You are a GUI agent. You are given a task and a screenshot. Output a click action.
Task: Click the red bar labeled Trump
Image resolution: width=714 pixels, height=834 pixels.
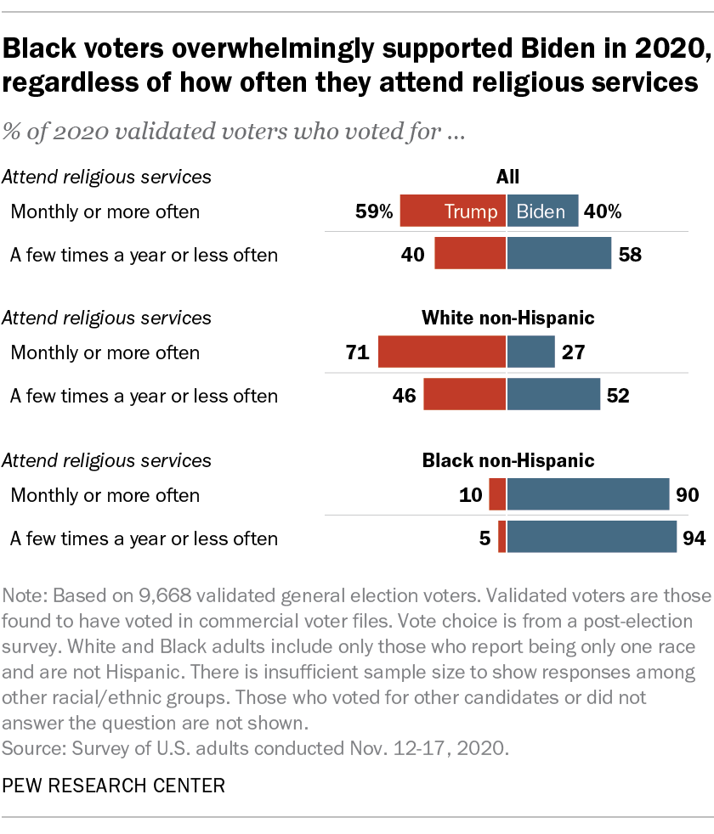click(452, 211)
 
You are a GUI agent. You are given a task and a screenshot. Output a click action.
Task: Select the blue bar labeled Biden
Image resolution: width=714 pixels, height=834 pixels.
click(543, 211)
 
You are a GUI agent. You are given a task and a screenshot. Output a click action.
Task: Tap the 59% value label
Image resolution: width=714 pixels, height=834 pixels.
click(374, 211)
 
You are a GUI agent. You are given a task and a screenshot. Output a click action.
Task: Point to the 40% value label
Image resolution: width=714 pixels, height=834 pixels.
click(603, 211)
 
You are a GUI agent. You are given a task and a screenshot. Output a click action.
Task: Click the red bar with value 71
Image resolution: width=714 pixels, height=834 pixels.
click(441, 352)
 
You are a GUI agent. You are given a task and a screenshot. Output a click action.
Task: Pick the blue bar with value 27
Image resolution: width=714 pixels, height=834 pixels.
click(531, 352)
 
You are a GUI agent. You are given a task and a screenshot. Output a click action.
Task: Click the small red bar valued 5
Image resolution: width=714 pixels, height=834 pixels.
click(501, 538)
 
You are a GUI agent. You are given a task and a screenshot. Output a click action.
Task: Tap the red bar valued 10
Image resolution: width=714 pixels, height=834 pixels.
click(497, 494)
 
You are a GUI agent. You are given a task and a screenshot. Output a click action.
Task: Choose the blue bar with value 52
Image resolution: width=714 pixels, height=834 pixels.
click(553, 395)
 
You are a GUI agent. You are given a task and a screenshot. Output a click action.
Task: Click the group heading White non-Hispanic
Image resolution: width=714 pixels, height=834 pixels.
click(507, 318)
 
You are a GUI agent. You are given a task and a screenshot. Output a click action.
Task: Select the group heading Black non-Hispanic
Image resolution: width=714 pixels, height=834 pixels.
click(507, 461)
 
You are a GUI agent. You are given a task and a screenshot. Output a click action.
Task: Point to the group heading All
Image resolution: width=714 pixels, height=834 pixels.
click(507, 177)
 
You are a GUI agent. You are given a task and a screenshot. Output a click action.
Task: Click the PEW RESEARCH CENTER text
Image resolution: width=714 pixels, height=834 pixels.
click(114, 786)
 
